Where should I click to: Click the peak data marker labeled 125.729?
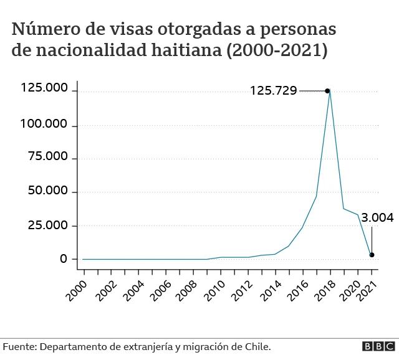click(327, 91)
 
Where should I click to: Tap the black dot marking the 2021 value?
click(372, 255)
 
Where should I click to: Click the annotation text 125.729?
click(273, 91)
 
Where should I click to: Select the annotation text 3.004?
click(377, 217)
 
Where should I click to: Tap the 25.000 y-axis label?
click(47, 225)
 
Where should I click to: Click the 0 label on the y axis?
click(63, 258)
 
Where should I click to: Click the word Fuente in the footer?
click(19, 346)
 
